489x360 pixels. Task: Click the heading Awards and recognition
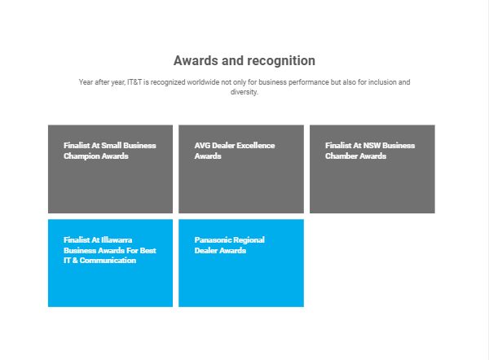click(244, 60)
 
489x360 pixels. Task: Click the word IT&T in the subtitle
click(134, 82)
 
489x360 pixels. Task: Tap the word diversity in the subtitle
click(244, 92)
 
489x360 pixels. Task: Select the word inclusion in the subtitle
click(381, 82)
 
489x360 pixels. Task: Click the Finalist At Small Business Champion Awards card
click(110, 169)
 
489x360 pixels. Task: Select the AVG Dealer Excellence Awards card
click(241, 169)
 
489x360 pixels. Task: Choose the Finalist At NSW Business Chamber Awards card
click(372, 169)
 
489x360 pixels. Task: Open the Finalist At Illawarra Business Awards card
click(110, 263)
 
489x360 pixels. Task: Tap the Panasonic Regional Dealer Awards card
click(241, 263)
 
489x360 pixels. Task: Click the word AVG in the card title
click(202, 146)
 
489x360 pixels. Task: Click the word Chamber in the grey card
click(340, 156)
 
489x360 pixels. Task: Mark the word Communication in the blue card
click(108, 261)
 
